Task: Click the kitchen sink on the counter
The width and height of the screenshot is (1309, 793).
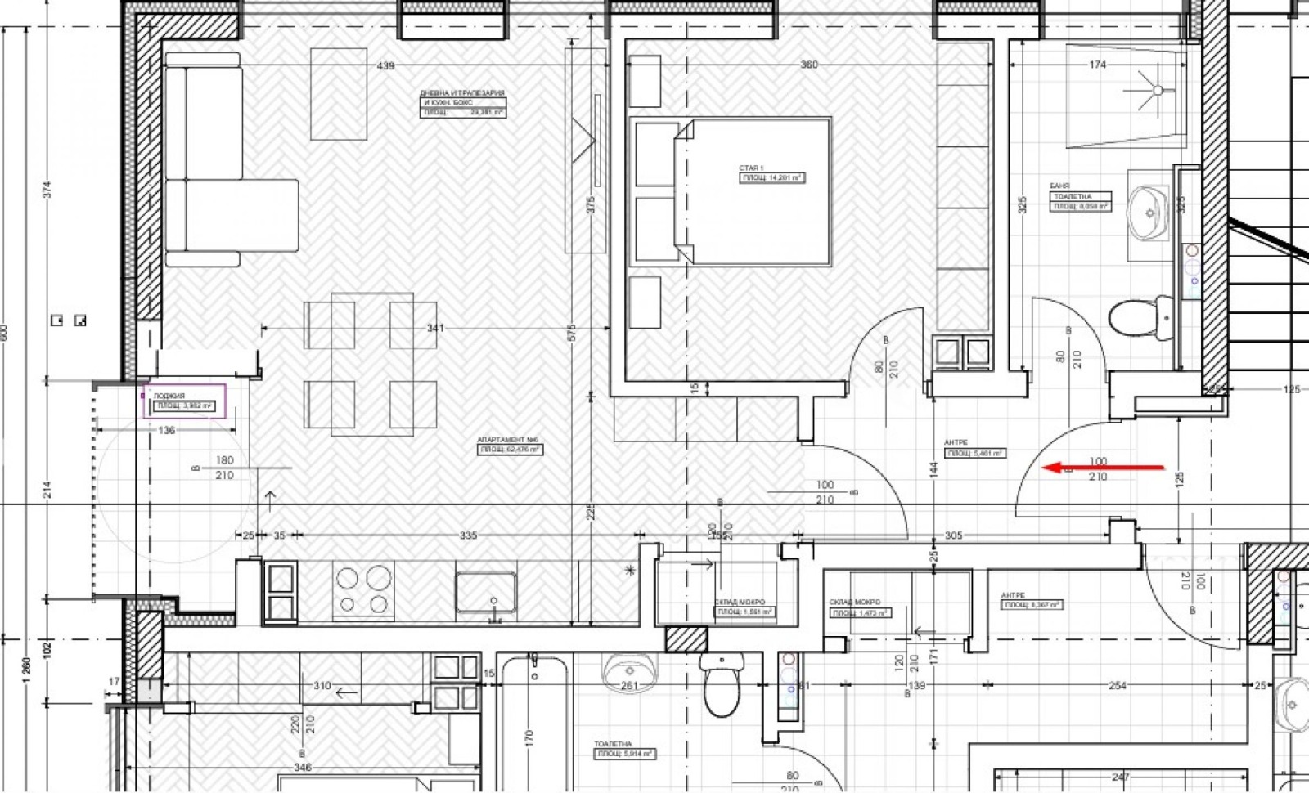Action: [x=486, y=593]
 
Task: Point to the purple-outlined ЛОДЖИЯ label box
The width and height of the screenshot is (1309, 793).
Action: [x=185, y=401]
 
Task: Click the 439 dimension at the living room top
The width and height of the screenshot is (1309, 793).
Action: [x=385, y=65]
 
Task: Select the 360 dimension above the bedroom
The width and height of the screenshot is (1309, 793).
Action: [x=808, y=65]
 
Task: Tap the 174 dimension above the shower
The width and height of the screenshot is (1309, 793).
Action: [x=1098, y=65]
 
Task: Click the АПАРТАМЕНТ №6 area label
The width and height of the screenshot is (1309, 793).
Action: [x=510, y=445]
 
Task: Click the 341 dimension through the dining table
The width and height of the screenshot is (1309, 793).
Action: [x=435, y=329]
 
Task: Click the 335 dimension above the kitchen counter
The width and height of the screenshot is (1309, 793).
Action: [x=467, y=535]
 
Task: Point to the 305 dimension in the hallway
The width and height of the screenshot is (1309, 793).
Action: [x=953, y=535]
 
